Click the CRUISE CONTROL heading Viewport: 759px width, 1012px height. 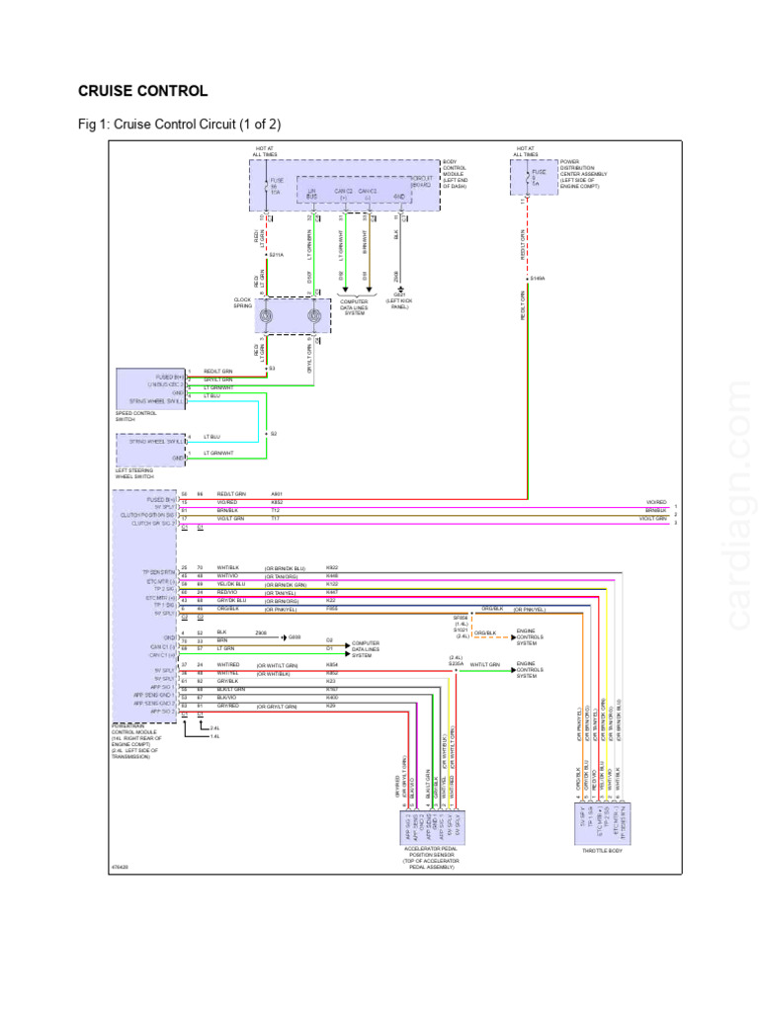pos(142,91)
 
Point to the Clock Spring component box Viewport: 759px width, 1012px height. pos(290,317)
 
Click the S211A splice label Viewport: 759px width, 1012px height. pos(277,255)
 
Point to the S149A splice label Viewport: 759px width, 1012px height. pos(538,279)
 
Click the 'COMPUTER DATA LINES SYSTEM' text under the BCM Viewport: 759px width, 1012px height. pos(354,305)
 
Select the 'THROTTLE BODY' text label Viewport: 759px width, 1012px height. pos(601,851)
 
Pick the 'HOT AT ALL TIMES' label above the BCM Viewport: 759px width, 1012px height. pos(264,152)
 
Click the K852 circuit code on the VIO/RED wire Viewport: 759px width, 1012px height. pos(277,502)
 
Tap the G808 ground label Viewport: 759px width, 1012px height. pos(295,636)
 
